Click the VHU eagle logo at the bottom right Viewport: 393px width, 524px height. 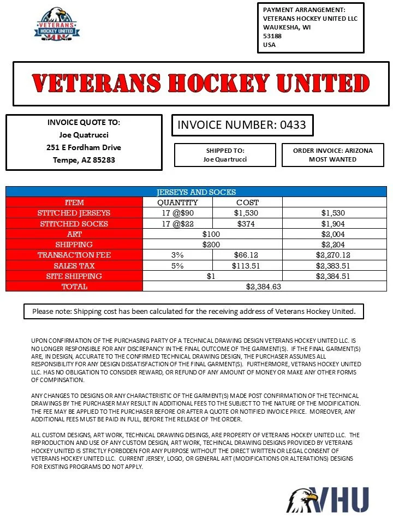coord(327,499)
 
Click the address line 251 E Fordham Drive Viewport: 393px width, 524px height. coord(84,147)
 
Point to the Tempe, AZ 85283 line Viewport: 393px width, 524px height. coord(84,160)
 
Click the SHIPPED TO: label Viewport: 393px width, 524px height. coord(225,151)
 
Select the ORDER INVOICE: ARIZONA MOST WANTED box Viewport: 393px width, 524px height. coord(332,155)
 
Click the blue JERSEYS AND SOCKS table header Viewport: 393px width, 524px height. coord(196,192)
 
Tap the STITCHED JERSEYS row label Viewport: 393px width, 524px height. coord(74,213)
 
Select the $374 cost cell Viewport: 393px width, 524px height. coord(247,224)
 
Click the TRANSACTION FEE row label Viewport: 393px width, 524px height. coord(74,255)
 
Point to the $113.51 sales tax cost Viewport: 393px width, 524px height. coord(247,266)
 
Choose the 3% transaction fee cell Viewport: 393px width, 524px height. coord(177,255)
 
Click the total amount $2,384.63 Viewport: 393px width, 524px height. coord(264,286)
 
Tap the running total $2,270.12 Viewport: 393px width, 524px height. coord(332,255)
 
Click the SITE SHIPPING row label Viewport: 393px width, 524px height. coord(74,276)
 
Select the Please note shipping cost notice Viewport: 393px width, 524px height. coord(194,311)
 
